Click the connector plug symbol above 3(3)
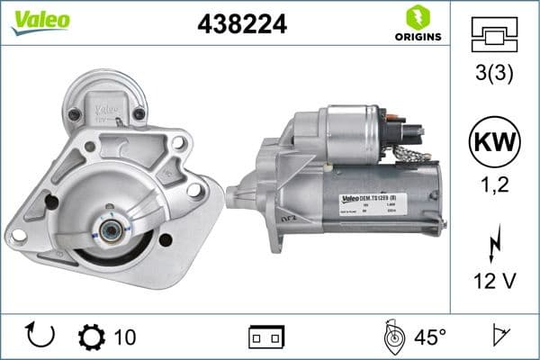[494, 34]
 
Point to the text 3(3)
[494, 75]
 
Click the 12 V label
[494, 283]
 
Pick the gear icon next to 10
[93, 337]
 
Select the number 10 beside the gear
[126, 337]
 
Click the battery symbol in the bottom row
[266, 337]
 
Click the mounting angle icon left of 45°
[392, 337]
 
